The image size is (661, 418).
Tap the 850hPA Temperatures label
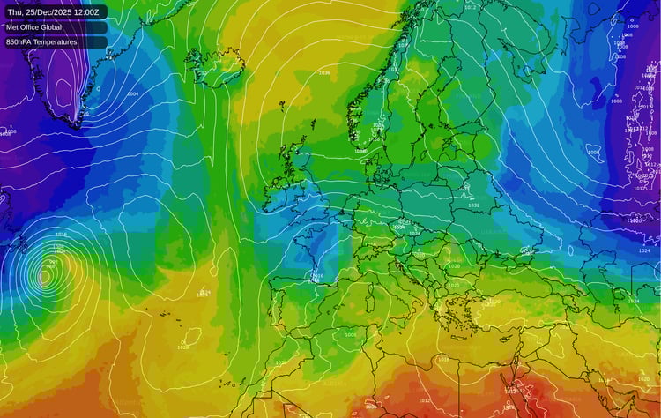(x=41, y=41)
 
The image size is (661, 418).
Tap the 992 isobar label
(x=54, y=262)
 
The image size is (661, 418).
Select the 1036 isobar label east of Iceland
(x=324, y=72)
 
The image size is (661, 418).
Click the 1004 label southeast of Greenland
(x=132, y=93)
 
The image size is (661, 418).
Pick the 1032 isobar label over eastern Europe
(x=474, y=205)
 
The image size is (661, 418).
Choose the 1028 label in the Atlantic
(x=182, y=347)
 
